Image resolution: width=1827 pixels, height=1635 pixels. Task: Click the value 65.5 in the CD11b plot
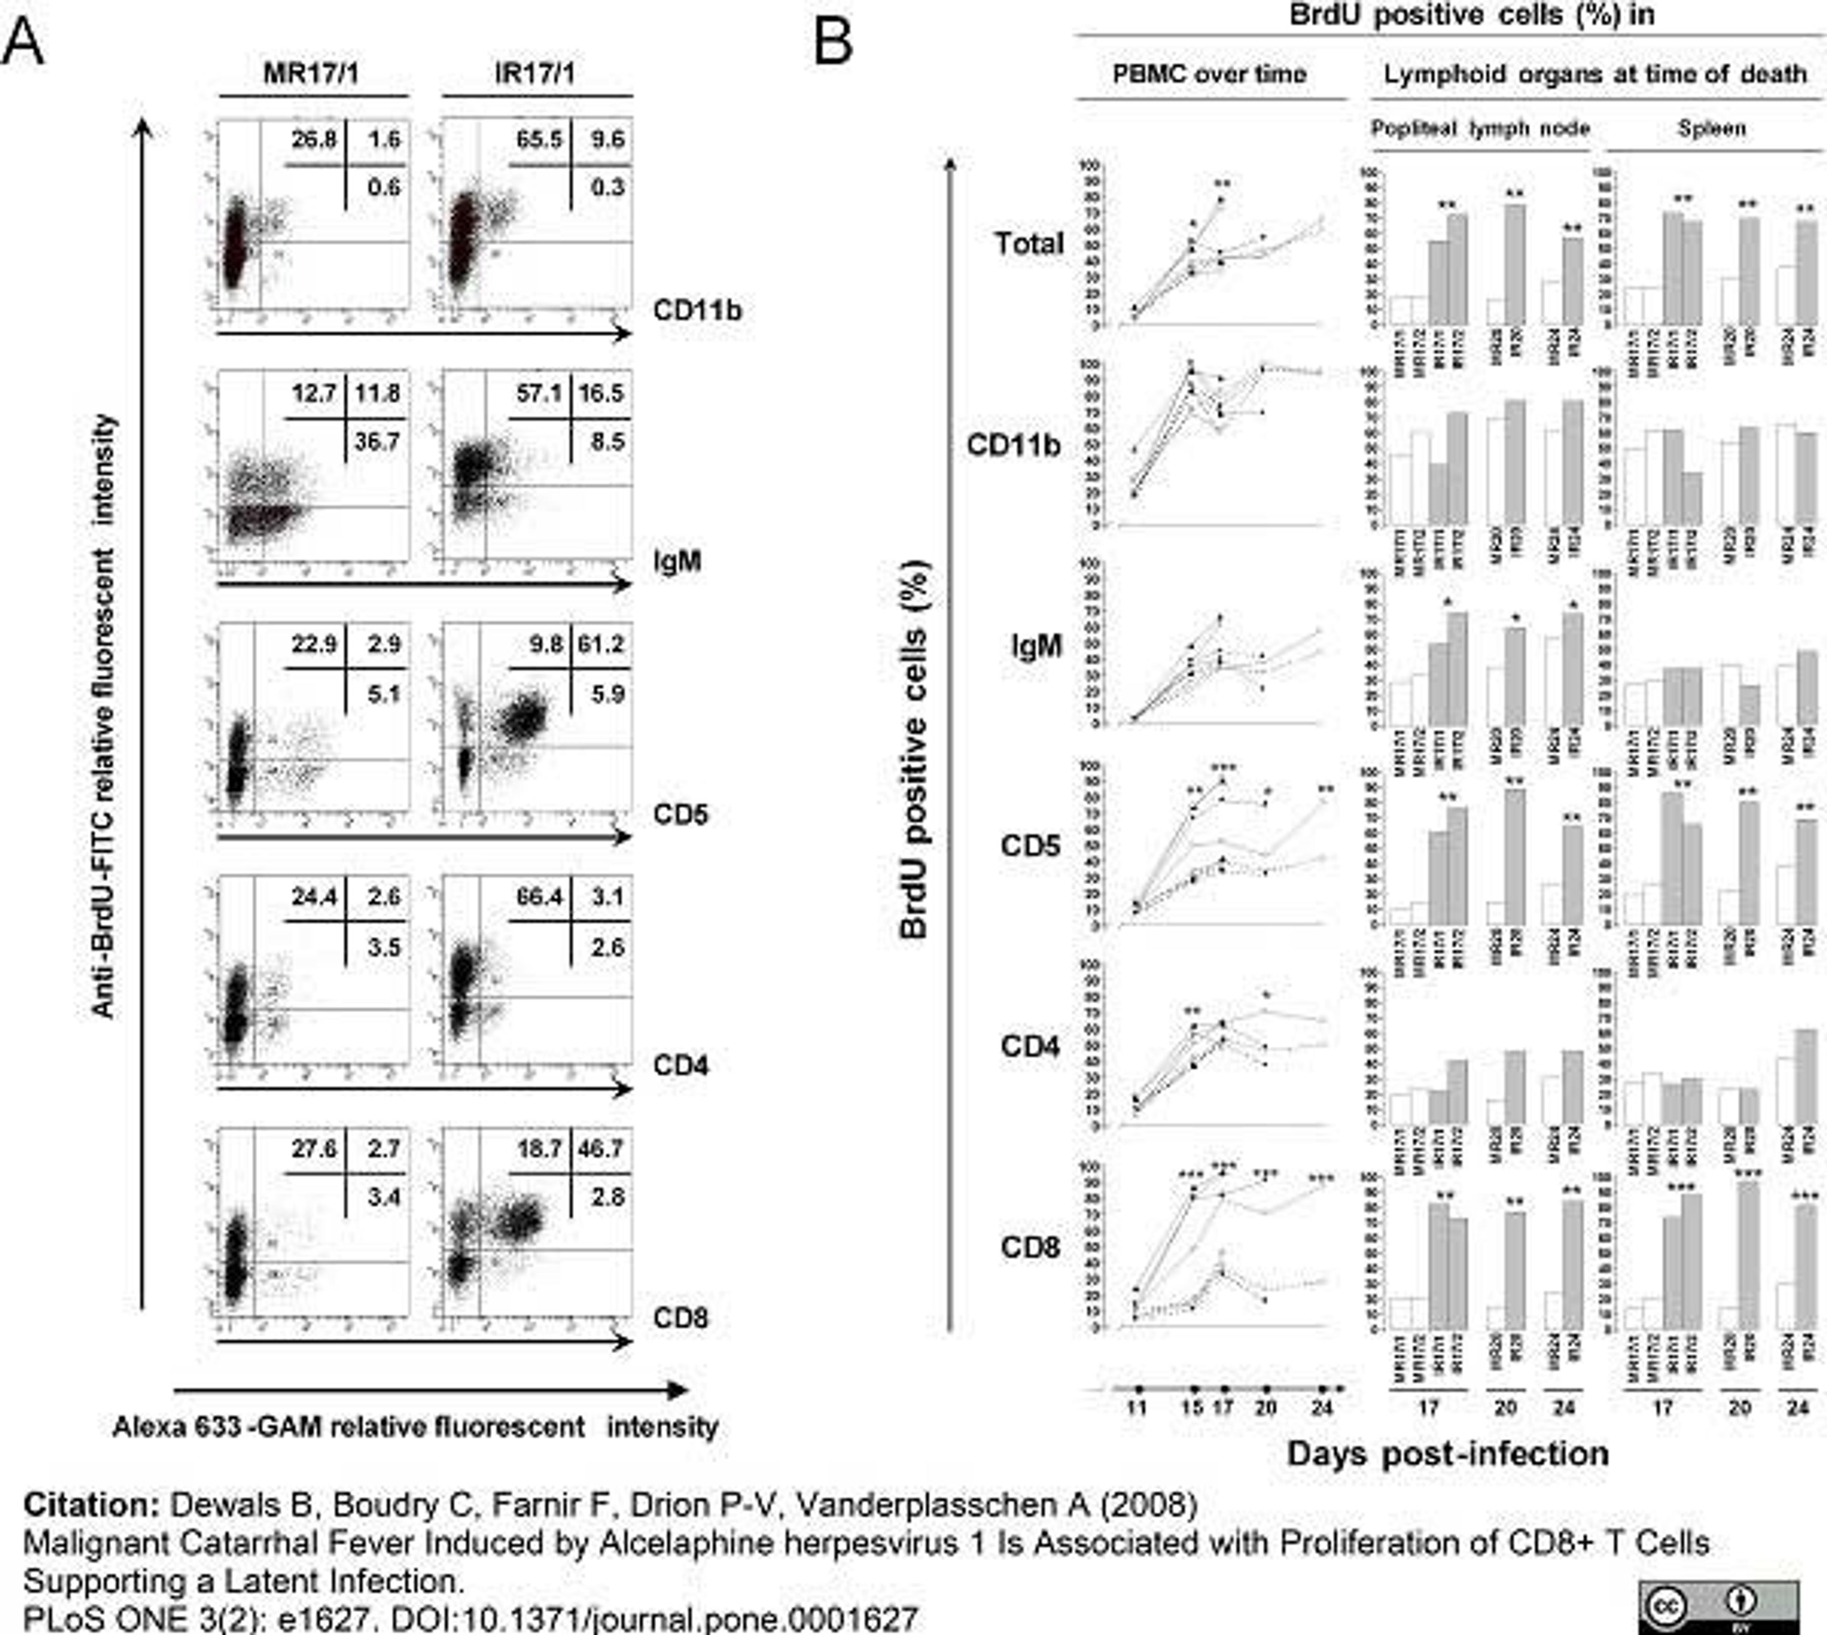click(539, 139)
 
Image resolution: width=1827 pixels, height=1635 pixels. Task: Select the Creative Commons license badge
click(1718, 1608)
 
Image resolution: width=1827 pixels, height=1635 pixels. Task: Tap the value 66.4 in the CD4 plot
click(539, 897)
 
